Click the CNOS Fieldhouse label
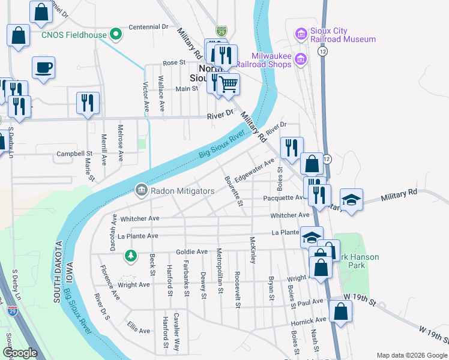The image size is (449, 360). point(74,35)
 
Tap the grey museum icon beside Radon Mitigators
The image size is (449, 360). point(141,191)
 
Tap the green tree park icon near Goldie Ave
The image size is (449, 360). point(130,256)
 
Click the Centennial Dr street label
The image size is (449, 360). point(148,27)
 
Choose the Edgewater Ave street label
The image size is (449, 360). point(255,170)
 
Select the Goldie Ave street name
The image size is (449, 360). point(191,251)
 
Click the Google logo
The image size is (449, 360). point(20,353)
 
